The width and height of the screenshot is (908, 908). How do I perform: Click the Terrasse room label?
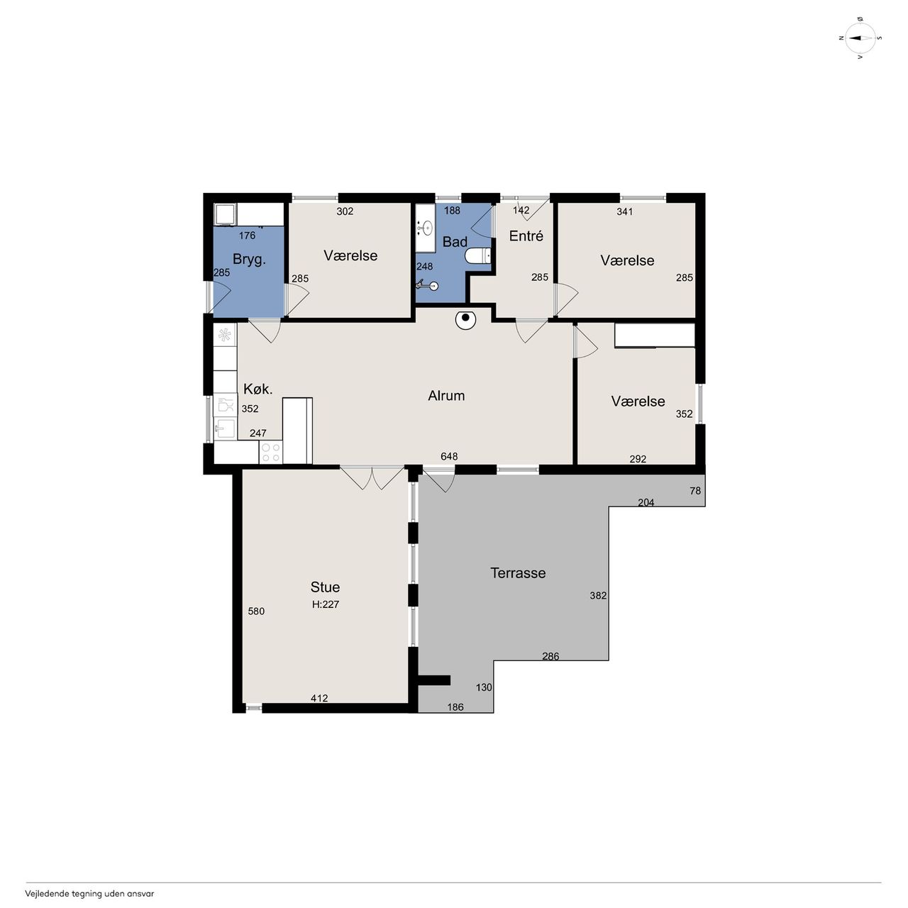pos(518,573)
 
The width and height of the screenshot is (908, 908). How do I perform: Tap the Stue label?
pos(325,587)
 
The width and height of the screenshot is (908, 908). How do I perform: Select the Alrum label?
pos(446,395)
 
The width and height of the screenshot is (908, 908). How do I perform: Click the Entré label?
pos(526,236)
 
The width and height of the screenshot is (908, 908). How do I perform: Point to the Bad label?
pos(455,242)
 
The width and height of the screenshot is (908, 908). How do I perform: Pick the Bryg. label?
pos(249,260)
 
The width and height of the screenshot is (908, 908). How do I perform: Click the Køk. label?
pos(258,389)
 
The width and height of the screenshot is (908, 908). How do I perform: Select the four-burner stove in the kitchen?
pos(271,452)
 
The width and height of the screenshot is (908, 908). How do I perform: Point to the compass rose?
pos(860,38)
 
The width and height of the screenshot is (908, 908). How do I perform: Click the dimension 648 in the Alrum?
pos(449,456)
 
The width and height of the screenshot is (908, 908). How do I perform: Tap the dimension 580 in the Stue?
pos(256,611)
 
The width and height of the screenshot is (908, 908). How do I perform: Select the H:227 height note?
pos(326,604)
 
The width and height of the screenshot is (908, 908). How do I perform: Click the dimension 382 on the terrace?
pos(598,596)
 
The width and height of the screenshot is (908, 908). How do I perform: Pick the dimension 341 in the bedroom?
pos(625,211)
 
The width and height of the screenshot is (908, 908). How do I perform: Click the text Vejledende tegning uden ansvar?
pos(89,893)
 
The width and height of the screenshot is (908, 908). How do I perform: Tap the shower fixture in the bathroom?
pos(427,284)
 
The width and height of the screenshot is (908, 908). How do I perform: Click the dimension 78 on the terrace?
pos(695,490)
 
